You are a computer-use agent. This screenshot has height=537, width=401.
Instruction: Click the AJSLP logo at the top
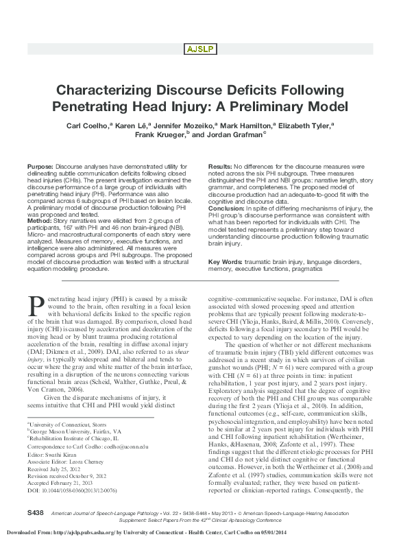click(x=200, y=48)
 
